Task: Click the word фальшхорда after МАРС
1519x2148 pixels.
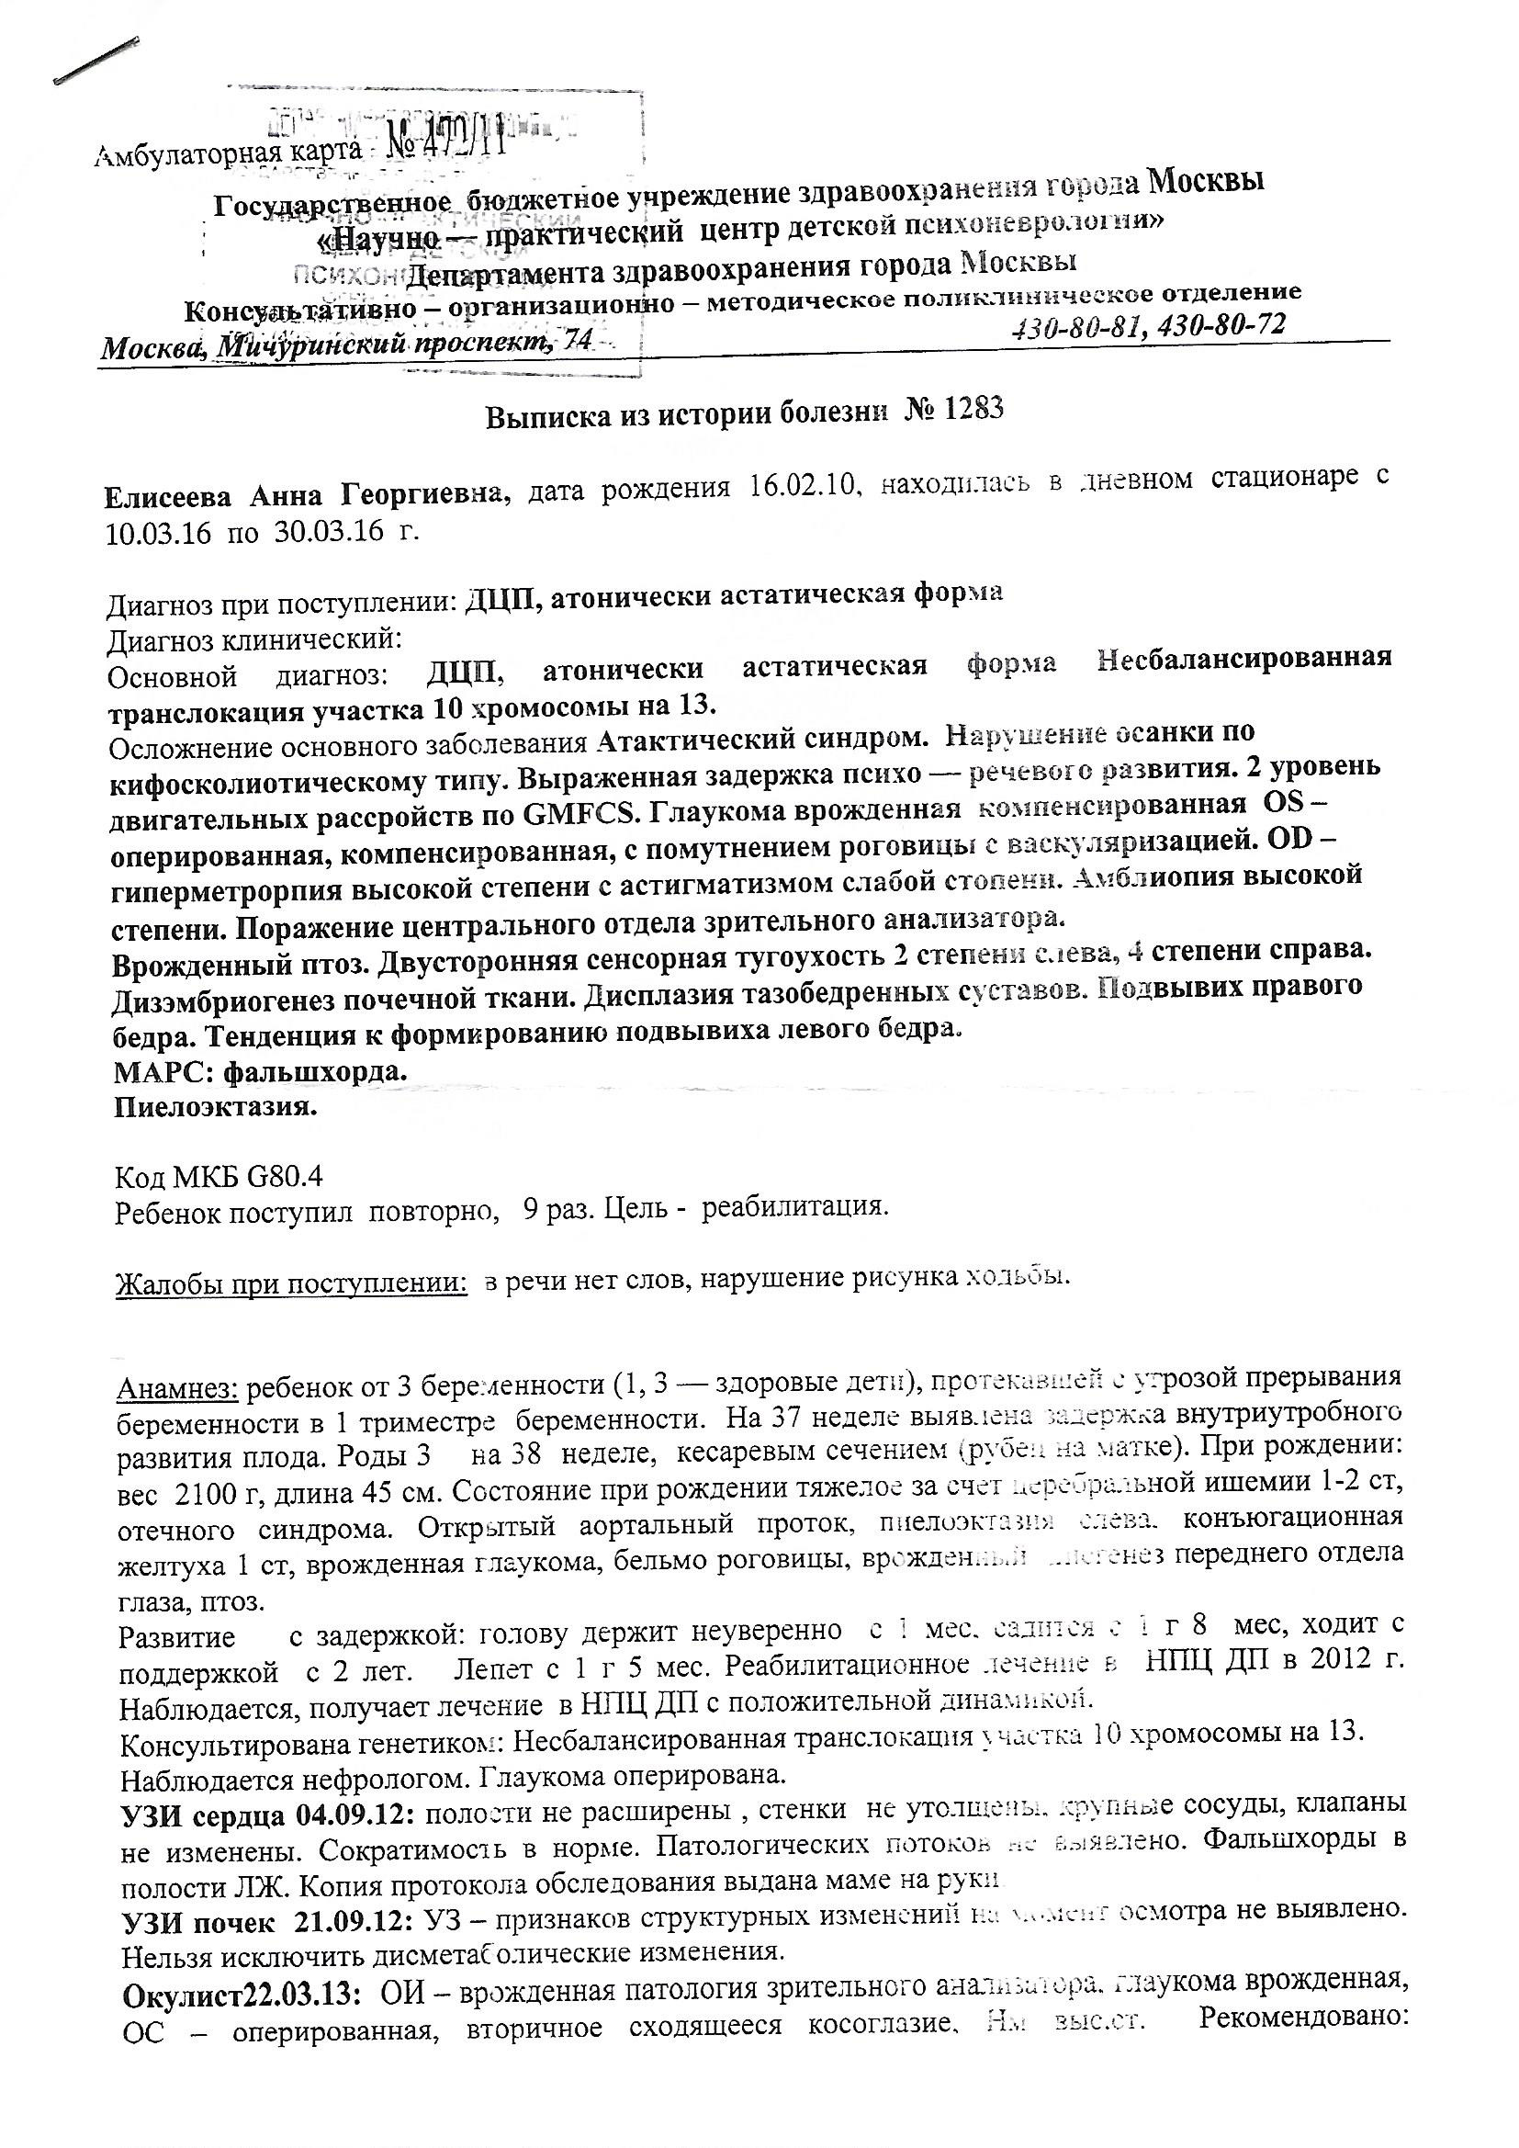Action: coord(317,1073)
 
